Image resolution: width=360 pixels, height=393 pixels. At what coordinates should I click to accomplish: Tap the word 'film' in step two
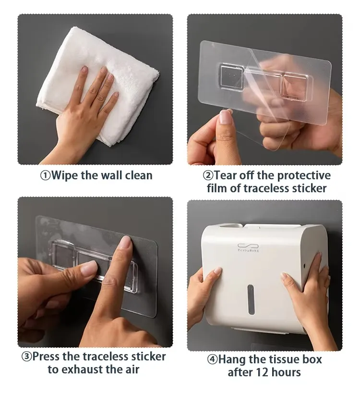(x=217, y=188)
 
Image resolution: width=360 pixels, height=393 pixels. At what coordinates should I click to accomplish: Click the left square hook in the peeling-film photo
(x=230, y=76)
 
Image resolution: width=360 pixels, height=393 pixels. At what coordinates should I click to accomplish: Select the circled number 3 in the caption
(x=26, y=356)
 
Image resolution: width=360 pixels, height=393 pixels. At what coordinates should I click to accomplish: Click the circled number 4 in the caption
(x=212, y=359)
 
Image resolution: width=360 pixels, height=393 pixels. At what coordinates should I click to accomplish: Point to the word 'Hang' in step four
(x=232, y=359)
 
